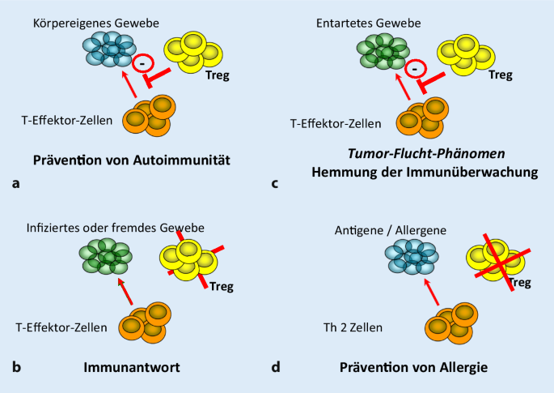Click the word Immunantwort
point(132,366)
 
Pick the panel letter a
point(16,183)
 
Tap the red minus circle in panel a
point(143,62)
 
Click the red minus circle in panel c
point(414,71)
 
